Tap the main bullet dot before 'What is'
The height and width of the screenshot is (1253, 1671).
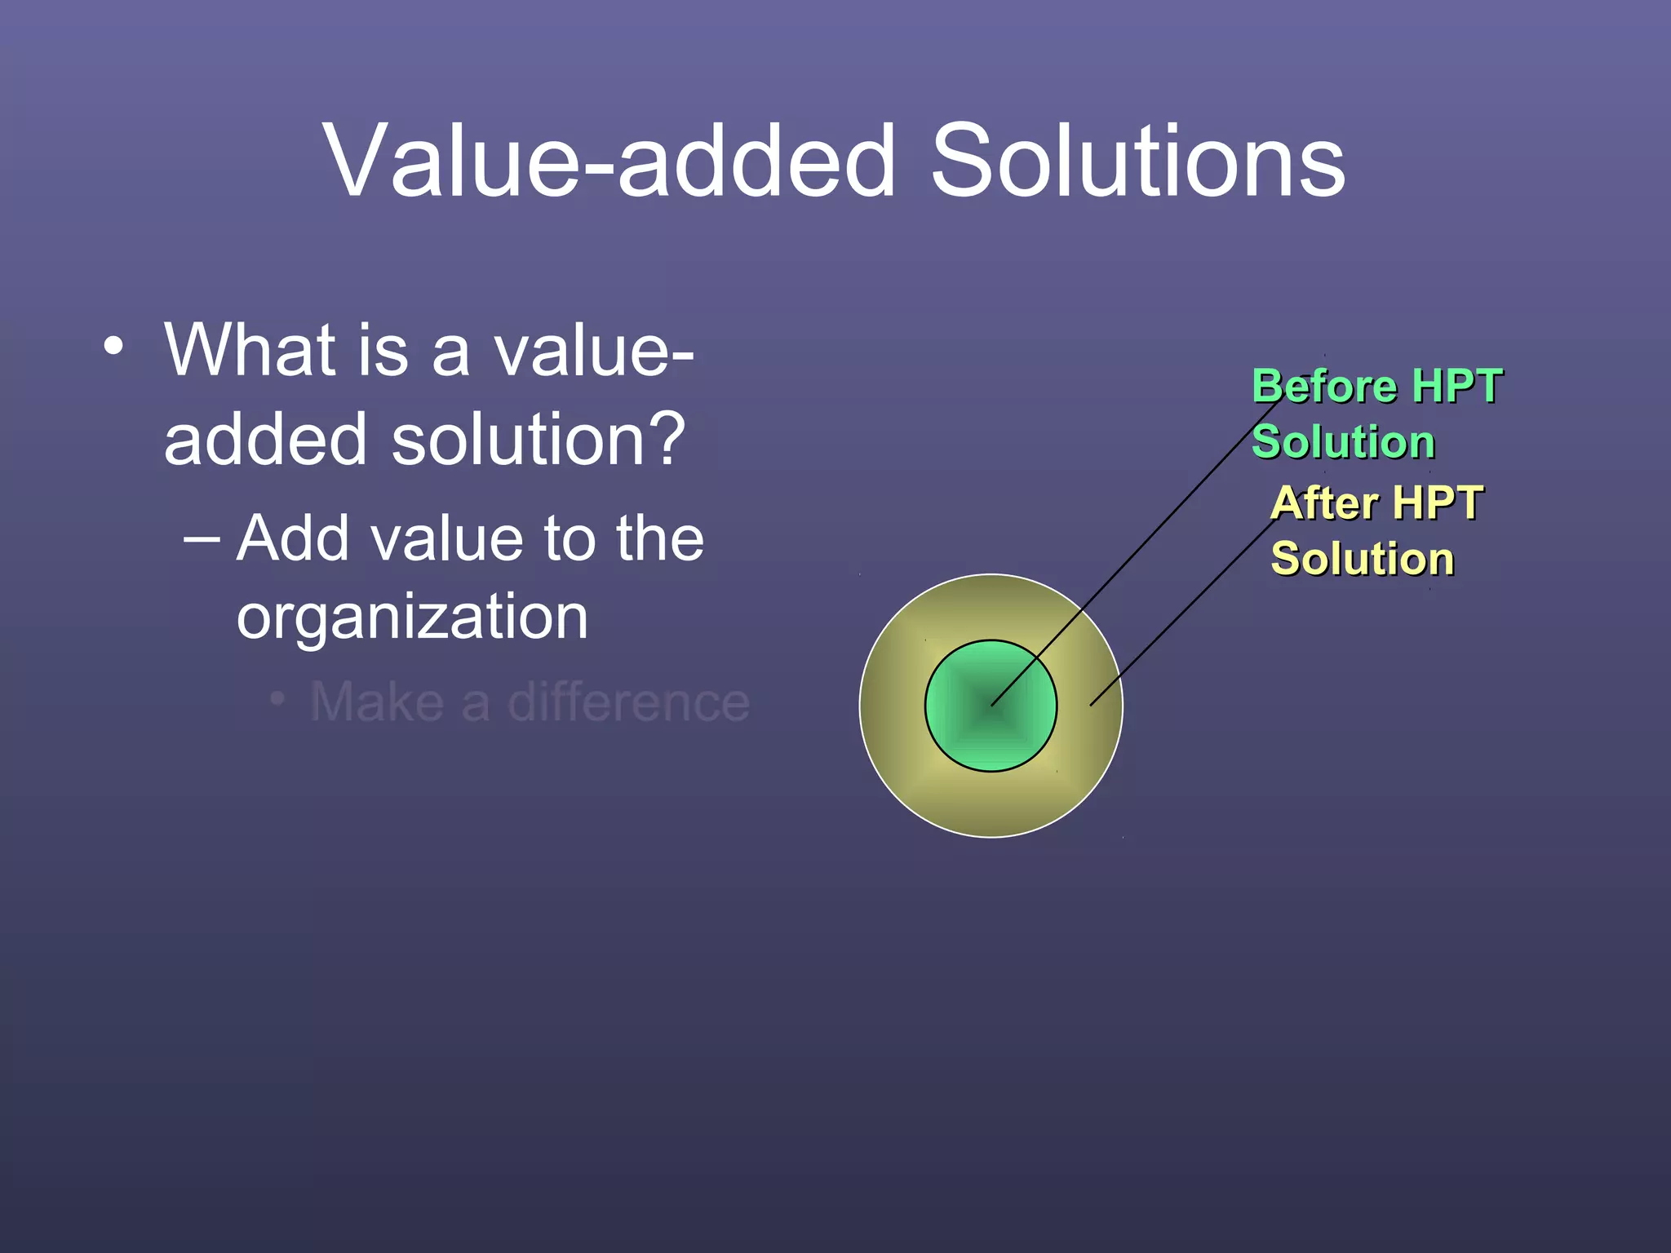point(113,346)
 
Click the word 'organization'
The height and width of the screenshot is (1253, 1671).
point(412,617)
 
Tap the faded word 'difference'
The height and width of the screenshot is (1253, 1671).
point(628,702)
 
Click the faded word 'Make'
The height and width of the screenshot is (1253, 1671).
point(376,702)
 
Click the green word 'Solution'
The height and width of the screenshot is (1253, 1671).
point(1343,442)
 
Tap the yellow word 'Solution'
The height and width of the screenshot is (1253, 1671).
point(1363,560)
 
